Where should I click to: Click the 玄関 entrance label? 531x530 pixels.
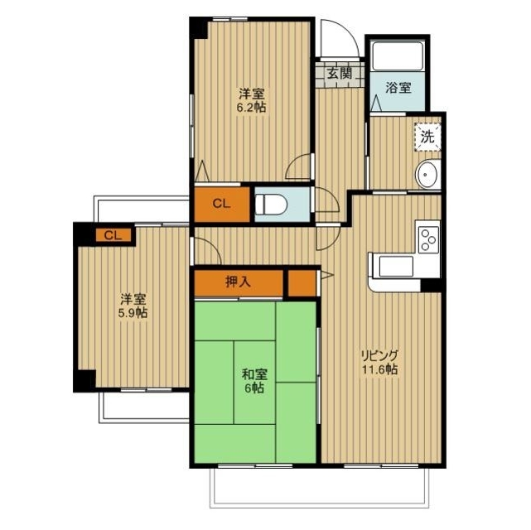(339, 73)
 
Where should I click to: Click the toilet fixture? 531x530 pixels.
(270, 205)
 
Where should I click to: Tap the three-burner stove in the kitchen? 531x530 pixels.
(428, 238)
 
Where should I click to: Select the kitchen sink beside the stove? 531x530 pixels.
(395, 267)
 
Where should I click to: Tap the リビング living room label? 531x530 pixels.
(379, 355)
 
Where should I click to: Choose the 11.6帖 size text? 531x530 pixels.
(379, 370)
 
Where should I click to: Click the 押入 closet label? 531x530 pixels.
(239, 282)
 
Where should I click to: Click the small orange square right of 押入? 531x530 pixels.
(302, 282)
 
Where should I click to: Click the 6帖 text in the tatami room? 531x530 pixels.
(253, 388)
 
